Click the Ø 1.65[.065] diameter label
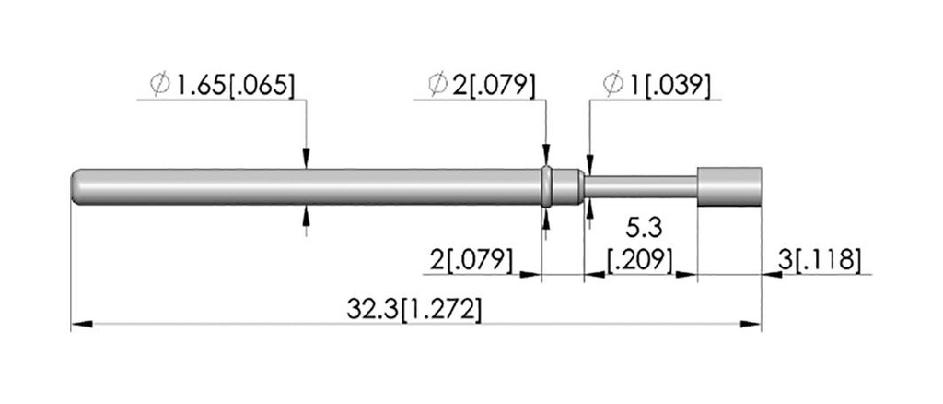pyautogui.click(x=224, y=86)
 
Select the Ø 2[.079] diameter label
pyautogui.click(x=482, y=86)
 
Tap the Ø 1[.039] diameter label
pyautogui.click(x=657, y=86)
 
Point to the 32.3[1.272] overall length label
pyautogui.click(x=414, y=310)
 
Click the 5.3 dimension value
pyautogui.click(x=644, y=228)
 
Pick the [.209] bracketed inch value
pyautogui.click(x=640, y=259)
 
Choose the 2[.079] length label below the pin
pyautogui.click(x=471, y=260)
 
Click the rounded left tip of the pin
pyautogui.click(x=76, y=186)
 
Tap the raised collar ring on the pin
pyautogui.click(x=546, y=186)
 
